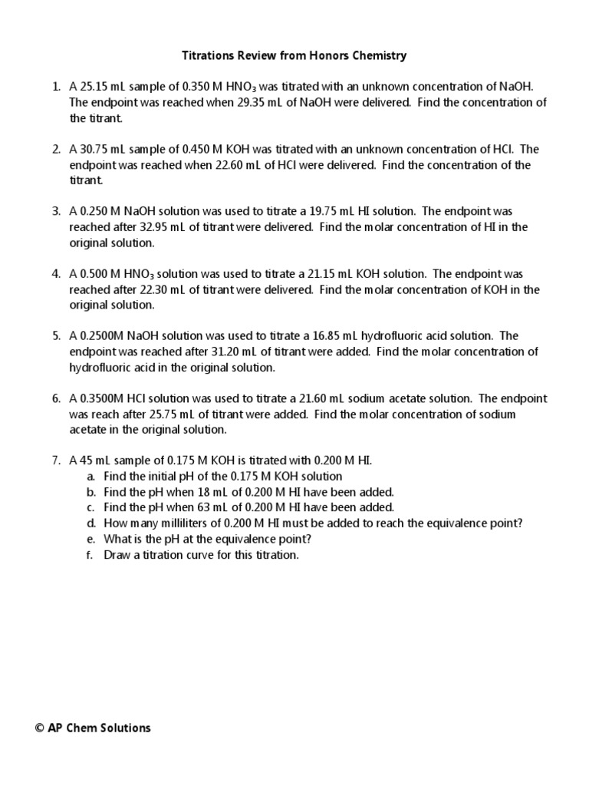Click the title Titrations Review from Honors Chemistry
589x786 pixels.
click(x=294, y=55)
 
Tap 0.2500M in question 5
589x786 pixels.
click(x=103, y=336)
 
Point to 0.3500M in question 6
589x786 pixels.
click(x=103, y=398)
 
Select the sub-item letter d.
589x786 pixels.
click(x=90, y=523)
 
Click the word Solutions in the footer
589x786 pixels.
click(x=126, y=728)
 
